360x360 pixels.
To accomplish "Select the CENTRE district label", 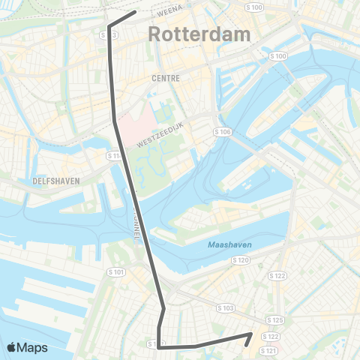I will pyautogui.click(x=166, y=77).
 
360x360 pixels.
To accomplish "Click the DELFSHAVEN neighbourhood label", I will pyautogui.click(x=56, y=181).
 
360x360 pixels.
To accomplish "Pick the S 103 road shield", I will pyautogui.click(x=226, y=308).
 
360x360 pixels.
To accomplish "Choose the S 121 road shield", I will pyautogui.click(x=269, y=350).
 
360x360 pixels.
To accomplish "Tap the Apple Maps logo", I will pyautogui.click(x=27, y=347).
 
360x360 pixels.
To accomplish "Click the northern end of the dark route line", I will pyautogui.click(x=134, y=12).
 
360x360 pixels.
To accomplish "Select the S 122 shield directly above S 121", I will pyautogui.click(x=271, y=337).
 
